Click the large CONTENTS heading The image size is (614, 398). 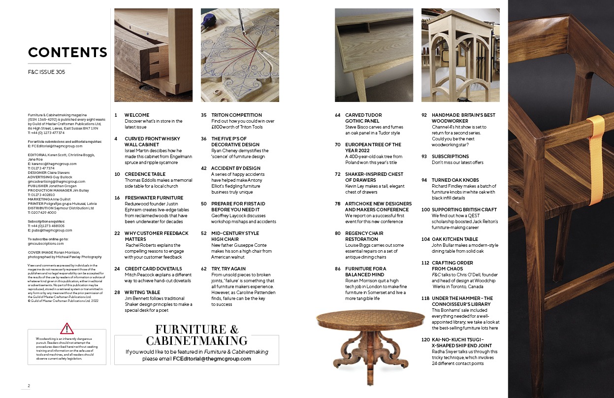(x=67, y=52)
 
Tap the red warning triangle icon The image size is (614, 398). (x=67, y=329)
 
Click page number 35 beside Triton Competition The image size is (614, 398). (x=204, y=115)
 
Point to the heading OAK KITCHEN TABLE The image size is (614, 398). (x=455, y=239)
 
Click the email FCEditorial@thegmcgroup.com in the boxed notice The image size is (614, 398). (x=212, y=359)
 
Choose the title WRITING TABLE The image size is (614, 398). (x=142, y=292)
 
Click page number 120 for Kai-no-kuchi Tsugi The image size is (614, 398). (x=425, y=340)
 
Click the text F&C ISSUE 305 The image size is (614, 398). (x=46, y=72)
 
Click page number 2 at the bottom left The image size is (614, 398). (x=29, y=386)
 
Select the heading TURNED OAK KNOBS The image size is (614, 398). (x=455, y=180)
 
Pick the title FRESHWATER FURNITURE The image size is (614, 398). (x=154, y=198)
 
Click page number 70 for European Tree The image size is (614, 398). (x=337, y=144)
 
